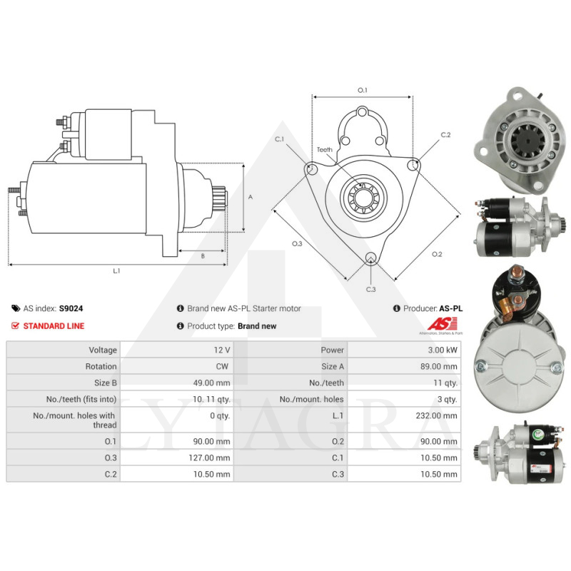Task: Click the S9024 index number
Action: point(70,308)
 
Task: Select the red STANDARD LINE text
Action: point(54,326)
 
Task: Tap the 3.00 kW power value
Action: point(443,350)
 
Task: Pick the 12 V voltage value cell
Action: point(222,350)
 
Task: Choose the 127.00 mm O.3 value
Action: point(213,457)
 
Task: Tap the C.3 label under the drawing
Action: point(370,289)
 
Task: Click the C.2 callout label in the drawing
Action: point(446,135)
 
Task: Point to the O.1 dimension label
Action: point(362,90)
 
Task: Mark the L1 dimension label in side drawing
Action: point(116,271)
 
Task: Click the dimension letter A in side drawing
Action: point(250,197)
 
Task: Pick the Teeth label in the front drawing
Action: point(325,150)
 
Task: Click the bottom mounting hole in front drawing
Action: point(370,258)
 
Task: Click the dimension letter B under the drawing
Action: point(202,255)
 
